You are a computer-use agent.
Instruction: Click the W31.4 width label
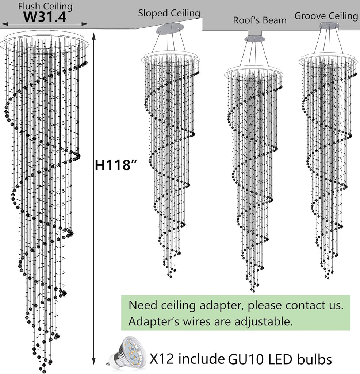pyautogui.click(x=45, y=16)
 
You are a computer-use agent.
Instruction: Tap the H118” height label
pyautogui.click(x=116, y=165)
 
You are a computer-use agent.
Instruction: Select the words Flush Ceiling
pyautogui.click(x=45, y=6)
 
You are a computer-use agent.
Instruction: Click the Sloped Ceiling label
pyautogui.click(x=169, y=13)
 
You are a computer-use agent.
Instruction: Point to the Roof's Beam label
pyautogui.click(x=260, y=20)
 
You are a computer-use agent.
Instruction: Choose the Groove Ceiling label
pyautogui.click(x=326, y=16)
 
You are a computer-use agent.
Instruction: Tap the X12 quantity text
pyautogui.click(x=161, y=359)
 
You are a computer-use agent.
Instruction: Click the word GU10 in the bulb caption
pyautogui.click(x=246, y=359)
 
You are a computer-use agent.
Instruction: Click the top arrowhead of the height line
pyautogui.click(x=94, y=36)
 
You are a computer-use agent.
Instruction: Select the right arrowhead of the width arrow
pyautogui.click(x=85, y=24)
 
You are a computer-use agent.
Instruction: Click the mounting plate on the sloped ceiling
pyautogui.click(x=170, y=28)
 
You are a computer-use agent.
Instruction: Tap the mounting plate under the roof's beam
pyautogui.click(x=254, y=38)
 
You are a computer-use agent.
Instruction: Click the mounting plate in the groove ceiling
pyautogui.click(x=329, y=24)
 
